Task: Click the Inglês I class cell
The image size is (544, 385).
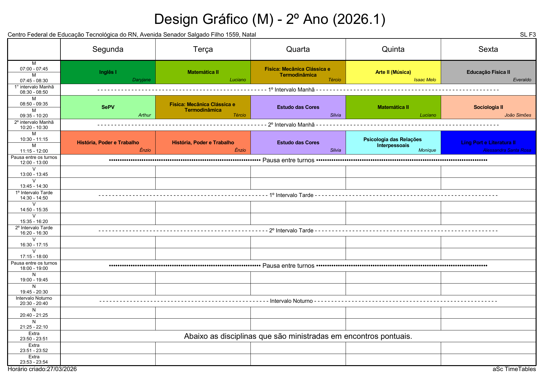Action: pos(108,72)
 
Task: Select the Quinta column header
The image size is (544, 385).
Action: pos(393,49)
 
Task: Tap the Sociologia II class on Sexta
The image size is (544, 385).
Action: pos(488,107)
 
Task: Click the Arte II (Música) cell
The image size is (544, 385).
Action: pos(393,72)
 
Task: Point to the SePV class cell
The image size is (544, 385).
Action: pos(108,107)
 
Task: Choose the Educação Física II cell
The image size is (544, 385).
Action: pos(488,72)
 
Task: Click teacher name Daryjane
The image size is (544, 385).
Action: pos(141,80)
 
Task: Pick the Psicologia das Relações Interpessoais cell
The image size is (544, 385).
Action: pos(393,142)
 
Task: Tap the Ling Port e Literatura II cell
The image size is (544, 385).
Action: pos(488,143)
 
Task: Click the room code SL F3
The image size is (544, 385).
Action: pos(528,35)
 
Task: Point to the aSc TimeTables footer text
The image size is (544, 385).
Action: pos(514,369)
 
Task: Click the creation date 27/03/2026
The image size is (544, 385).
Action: pos(62,369)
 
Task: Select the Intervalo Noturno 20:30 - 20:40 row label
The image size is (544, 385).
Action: pos(34,301)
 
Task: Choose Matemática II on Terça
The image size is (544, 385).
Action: pos(203,72)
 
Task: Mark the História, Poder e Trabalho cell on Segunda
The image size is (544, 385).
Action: pos(108,143)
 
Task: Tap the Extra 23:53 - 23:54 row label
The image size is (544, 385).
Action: pos(34,360)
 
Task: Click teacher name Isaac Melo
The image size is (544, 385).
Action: pos(425,80)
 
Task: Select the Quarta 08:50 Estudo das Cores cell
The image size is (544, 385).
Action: pos(298,107)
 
